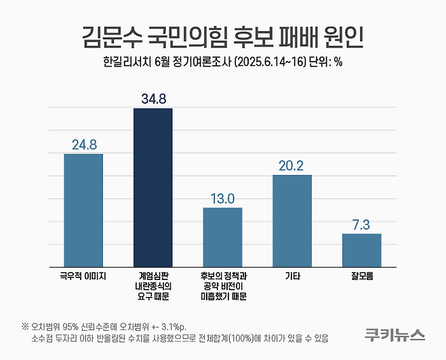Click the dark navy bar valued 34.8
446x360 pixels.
tap(153, 187)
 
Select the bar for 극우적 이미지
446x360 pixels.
tap(83, 210)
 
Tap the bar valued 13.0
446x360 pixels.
tap(222, 237)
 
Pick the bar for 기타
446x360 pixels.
tap(292, 220)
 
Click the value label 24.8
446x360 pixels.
tap(83, 144)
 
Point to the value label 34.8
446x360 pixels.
tap(153, 99)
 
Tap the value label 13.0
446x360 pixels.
tap(222, 198)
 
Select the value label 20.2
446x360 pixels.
tap(292, 165)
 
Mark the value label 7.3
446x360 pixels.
tap(361, 224)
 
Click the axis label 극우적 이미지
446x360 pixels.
tap(83, 277)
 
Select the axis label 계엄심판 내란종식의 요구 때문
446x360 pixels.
tap(153, 286)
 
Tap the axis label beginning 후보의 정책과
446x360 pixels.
tap(222, 286)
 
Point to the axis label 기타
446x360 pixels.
tap(292, 277)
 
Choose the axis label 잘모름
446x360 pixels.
tap(361, 277)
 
